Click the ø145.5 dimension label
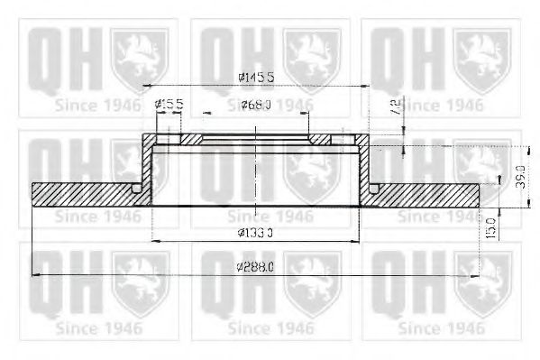coord(256,79)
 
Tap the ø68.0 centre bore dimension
coord(257,106)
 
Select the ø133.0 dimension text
coord(256,234)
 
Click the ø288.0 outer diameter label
coord(256,267)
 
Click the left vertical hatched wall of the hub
coord(147,167)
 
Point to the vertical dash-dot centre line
coord(257,180)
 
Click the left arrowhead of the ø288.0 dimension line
coord(36,274)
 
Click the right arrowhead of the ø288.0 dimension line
coord(477,274)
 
